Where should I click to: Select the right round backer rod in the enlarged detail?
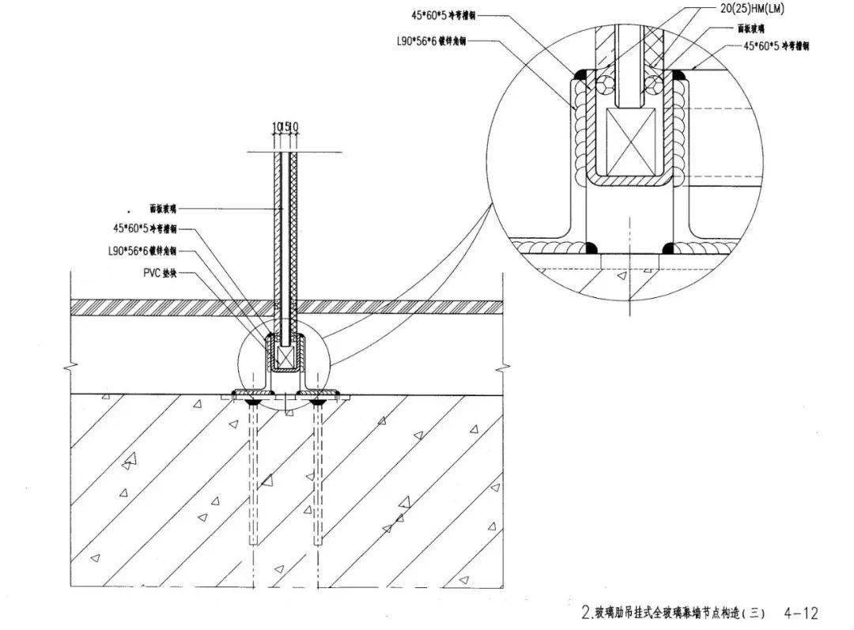coord(656,83)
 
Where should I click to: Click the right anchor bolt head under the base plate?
coord(318,402)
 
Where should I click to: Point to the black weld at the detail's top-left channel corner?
coord(580,75)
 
